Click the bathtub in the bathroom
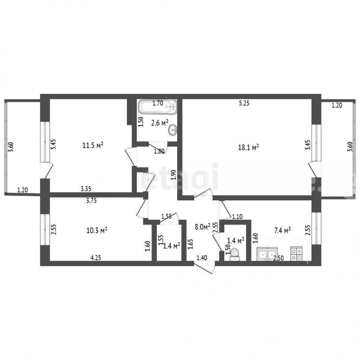click(158, 106)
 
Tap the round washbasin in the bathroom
click(172, 130)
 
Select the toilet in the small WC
click(235, 254)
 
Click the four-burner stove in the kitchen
click(296, 254)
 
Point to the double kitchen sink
click(268, 254)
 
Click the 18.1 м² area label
click(248, 147)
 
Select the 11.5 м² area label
click(93, 145)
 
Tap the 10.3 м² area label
click(97, 230)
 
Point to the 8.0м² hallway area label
click(203, 227)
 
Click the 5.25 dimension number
click(244, 104)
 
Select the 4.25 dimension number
click(96, 258)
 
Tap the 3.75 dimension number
click(91, 201)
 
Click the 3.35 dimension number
click(86, 189)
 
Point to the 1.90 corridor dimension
click(174, 175)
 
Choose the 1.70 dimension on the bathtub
click(158, 104)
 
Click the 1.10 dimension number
click(237, 217)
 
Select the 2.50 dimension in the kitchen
click(278, 258)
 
